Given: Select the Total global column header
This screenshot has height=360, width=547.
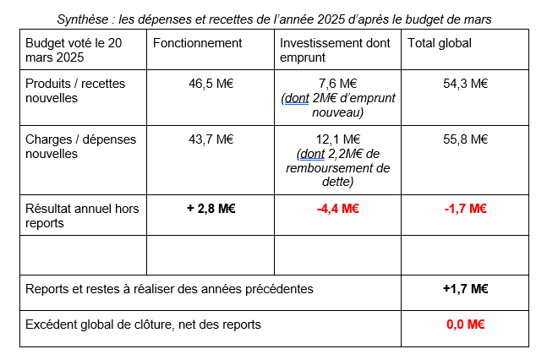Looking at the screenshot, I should [x=440, y=43].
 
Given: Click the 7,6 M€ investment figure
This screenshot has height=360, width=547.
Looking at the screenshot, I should [x=337, y=83].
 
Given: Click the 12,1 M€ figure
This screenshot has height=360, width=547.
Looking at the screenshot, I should [x=337, y=139].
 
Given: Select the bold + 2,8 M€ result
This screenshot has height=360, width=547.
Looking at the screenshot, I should [x=210, y=209].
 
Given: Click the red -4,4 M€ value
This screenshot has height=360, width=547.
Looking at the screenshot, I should [x=337, y=209].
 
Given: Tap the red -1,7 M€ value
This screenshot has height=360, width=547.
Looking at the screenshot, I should [x=465, y=209].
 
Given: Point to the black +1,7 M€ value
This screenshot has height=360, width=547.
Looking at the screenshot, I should [x=465, y=289].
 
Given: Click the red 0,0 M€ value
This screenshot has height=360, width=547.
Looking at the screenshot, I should [x=465, y=324].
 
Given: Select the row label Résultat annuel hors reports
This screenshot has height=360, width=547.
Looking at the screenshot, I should [x=82, y=215].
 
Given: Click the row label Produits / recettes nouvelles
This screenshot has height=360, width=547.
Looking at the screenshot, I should [x=76, y=90].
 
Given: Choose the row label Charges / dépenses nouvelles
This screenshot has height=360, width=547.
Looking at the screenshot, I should [x=77, y=147].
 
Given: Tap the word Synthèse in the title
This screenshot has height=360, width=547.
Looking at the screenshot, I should [x=83, y=18].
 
